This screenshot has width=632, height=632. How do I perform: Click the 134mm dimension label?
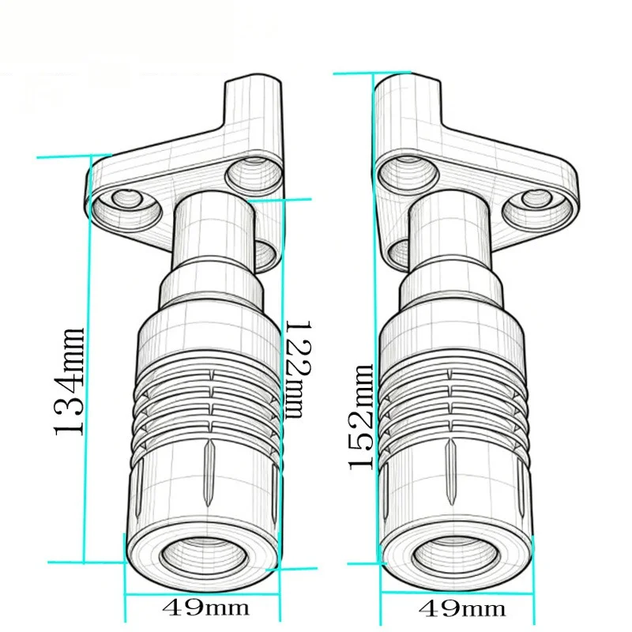click(x=69, y=382)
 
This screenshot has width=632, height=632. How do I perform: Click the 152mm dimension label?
click(x=360, y=417)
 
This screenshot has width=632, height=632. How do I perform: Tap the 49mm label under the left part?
click(x=205, y=608)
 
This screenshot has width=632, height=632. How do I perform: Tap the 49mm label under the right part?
click(x=462, y=609)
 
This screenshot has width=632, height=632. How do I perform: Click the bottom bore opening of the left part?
click(x=203, y=557)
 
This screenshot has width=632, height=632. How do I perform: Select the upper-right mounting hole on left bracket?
click(x=253, y=174)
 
